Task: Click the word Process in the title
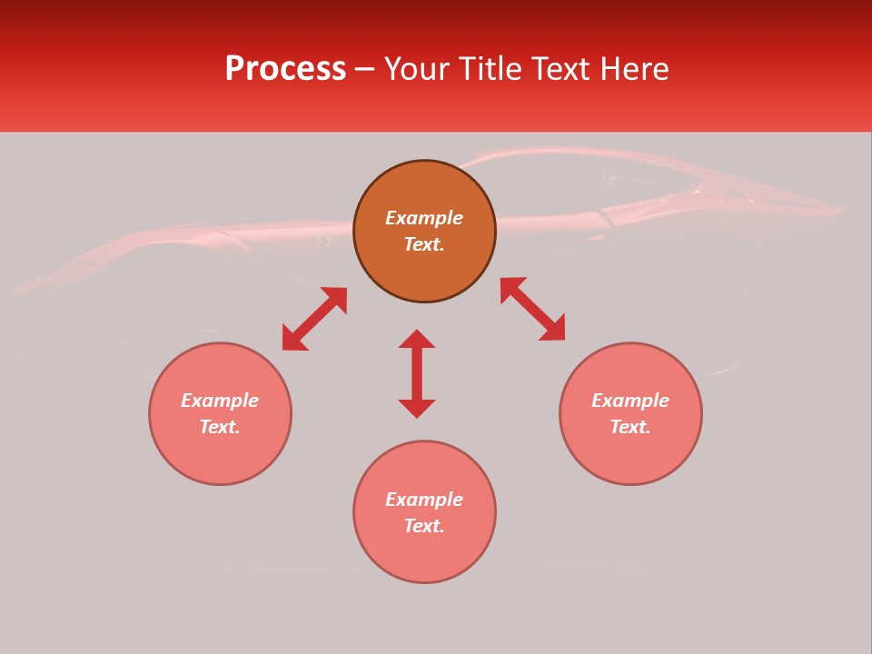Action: [x=285, y=69]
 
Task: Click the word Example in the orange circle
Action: [x=424, y=218]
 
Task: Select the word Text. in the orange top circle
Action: [x=424, y=244]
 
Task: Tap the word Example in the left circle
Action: [x=220, y=401]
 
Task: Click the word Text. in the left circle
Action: [x=220, y=427]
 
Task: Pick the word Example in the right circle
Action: [x=630, y=401]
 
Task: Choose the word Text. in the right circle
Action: [x=630, y=427]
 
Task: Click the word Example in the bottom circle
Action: [x=424, y=500]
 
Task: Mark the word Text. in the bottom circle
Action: [x=424, y=526]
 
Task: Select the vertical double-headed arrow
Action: [x=417, y=373]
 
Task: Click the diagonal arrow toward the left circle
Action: [x=314, y=319]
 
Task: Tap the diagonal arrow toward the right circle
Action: [x=532, y=309]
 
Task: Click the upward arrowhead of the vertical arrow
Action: [x=417, y=339]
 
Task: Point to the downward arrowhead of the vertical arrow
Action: [x=417, y=409]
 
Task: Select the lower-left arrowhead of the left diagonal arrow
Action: [x=292, y=340]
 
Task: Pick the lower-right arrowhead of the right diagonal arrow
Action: [x=553, y=330]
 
